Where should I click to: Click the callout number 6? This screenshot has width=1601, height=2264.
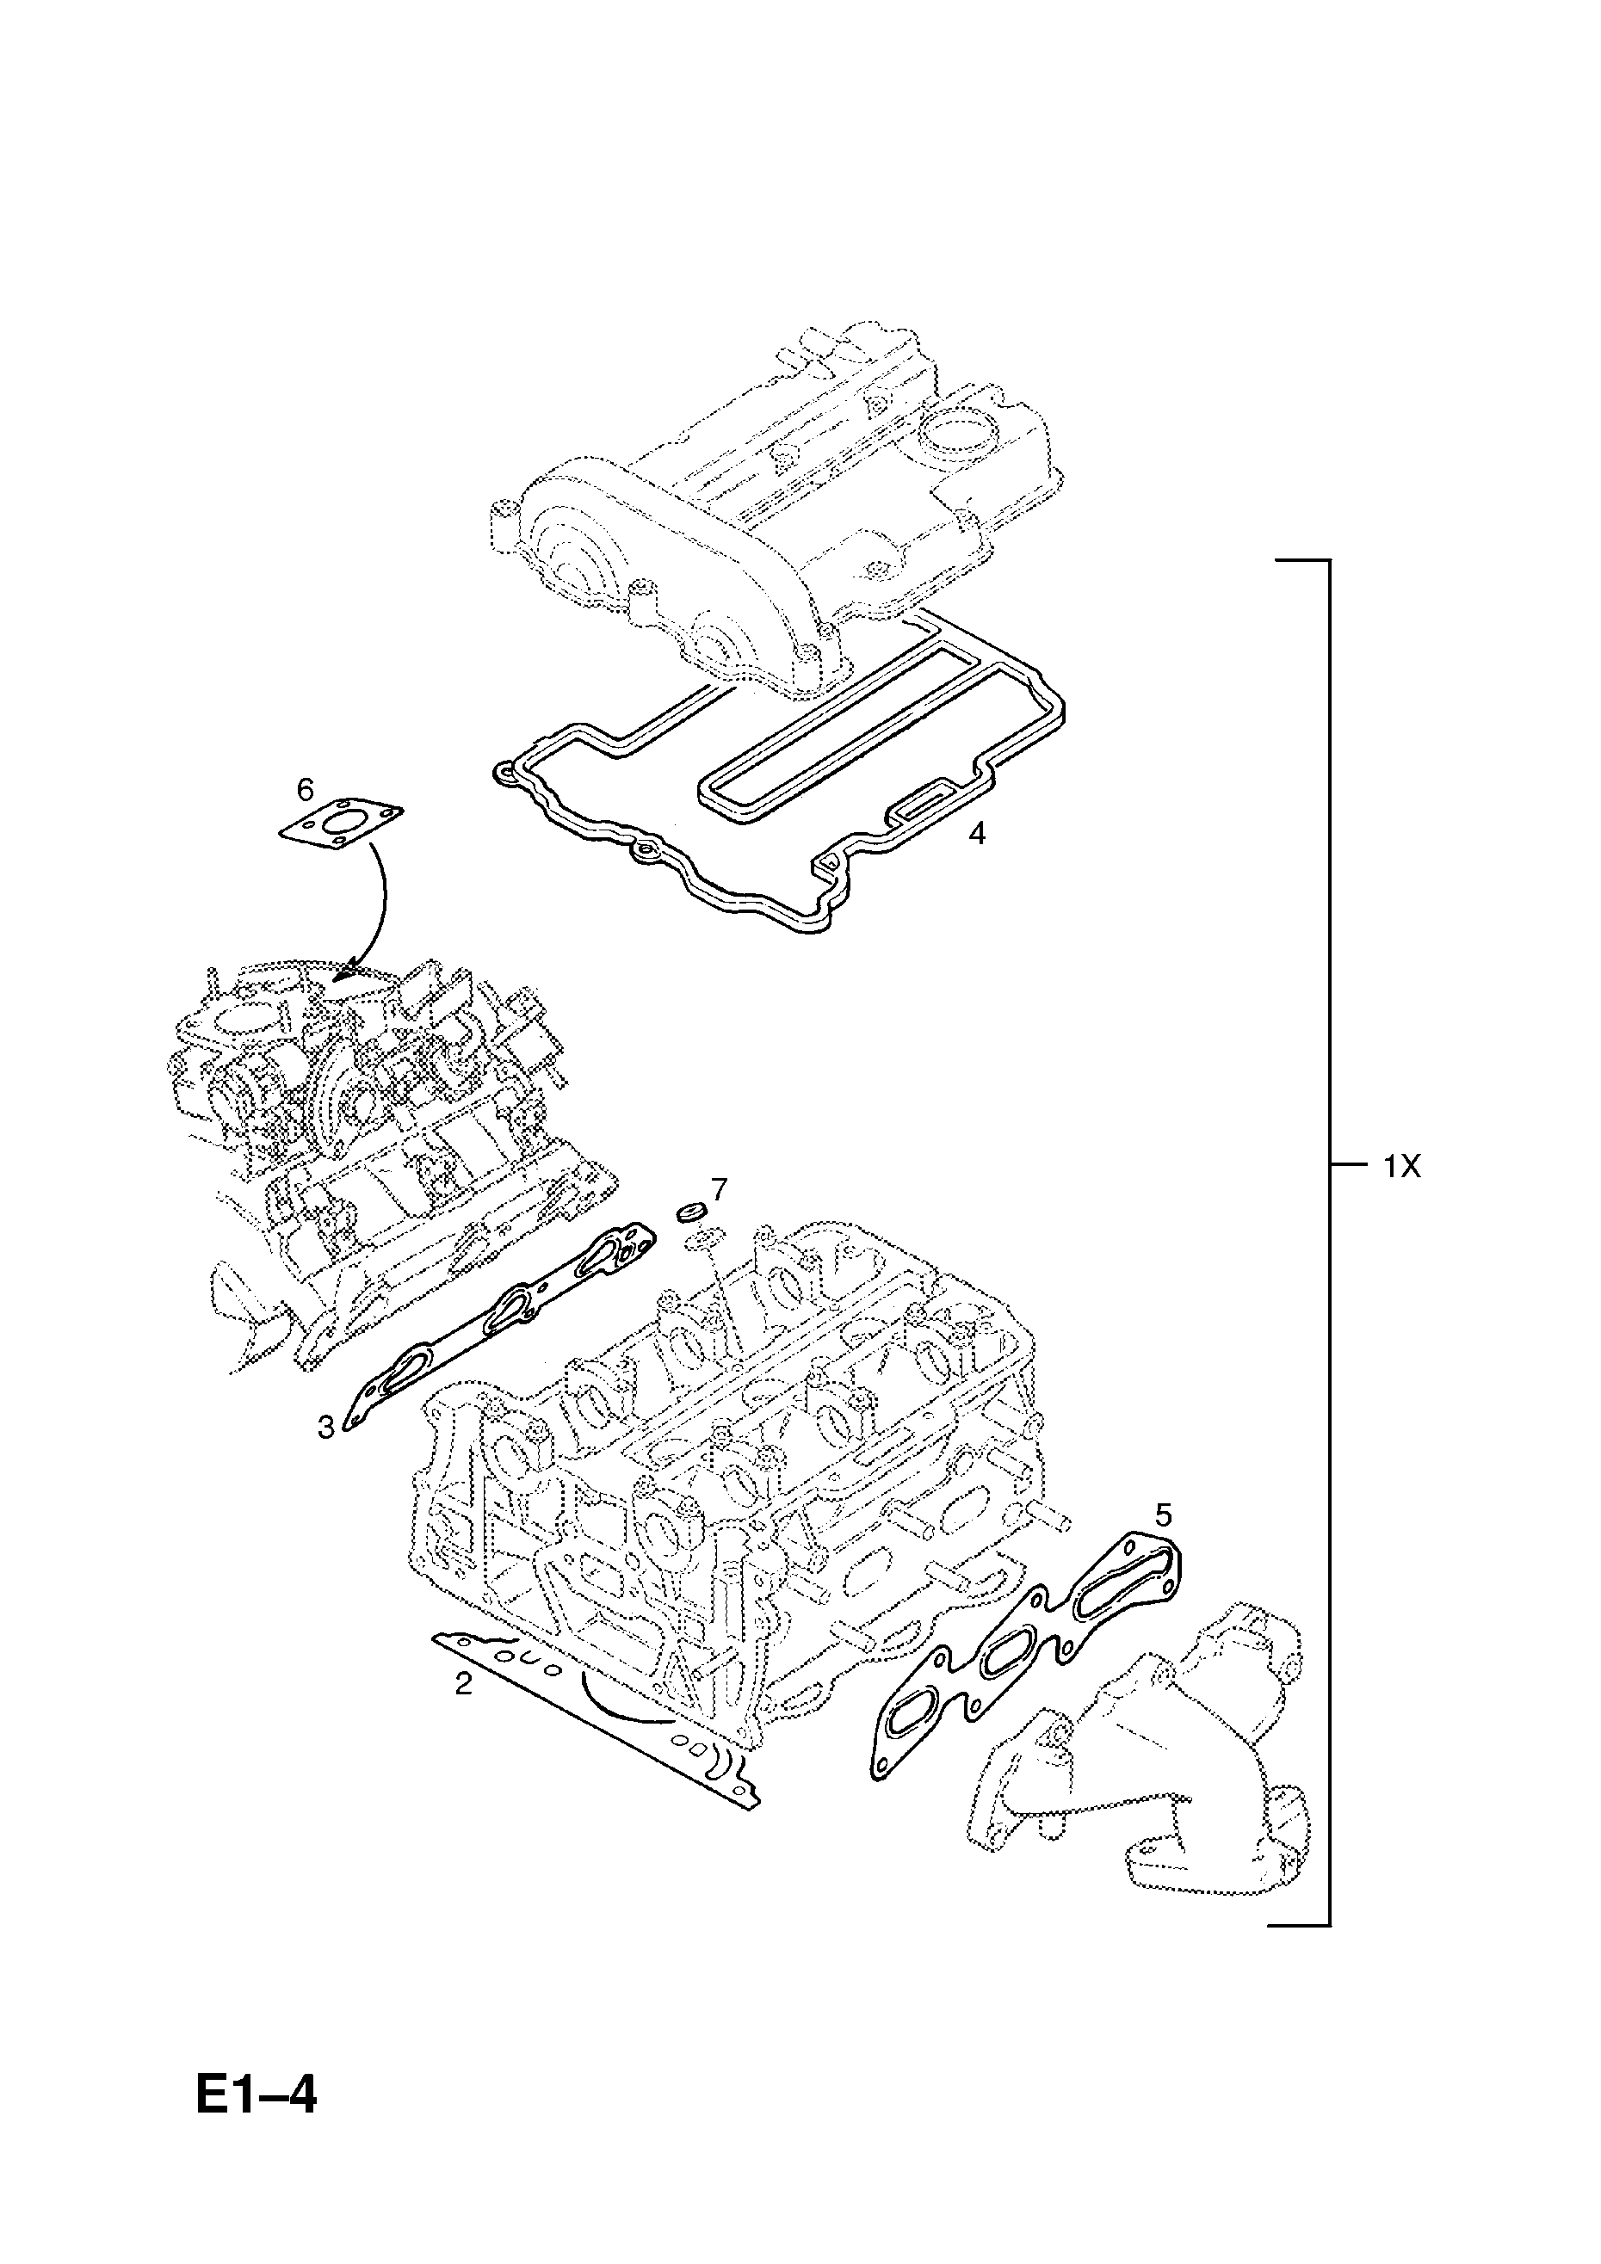point(305,790)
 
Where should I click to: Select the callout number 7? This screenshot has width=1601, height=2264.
point(719,1190)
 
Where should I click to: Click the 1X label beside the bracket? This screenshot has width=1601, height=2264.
point(1400,1168)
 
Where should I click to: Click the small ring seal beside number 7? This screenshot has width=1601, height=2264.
point(689,1210)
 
